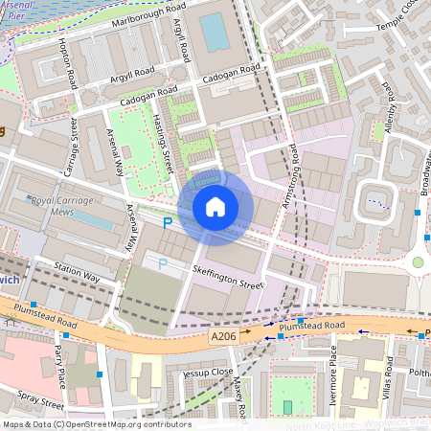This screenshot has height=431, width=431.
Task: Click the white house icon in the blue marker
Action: tap(215, 207)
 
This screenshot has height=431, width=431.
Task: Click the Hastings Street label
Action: tap(162, 148)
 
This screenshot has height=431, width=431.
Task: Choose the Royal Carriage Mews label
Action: tap(65, 206)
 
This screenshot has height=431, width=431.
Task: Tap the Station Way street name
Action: tap(77, 271)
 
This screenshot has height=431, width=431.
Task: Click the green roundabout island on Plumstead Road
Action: tap(418, 261)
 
